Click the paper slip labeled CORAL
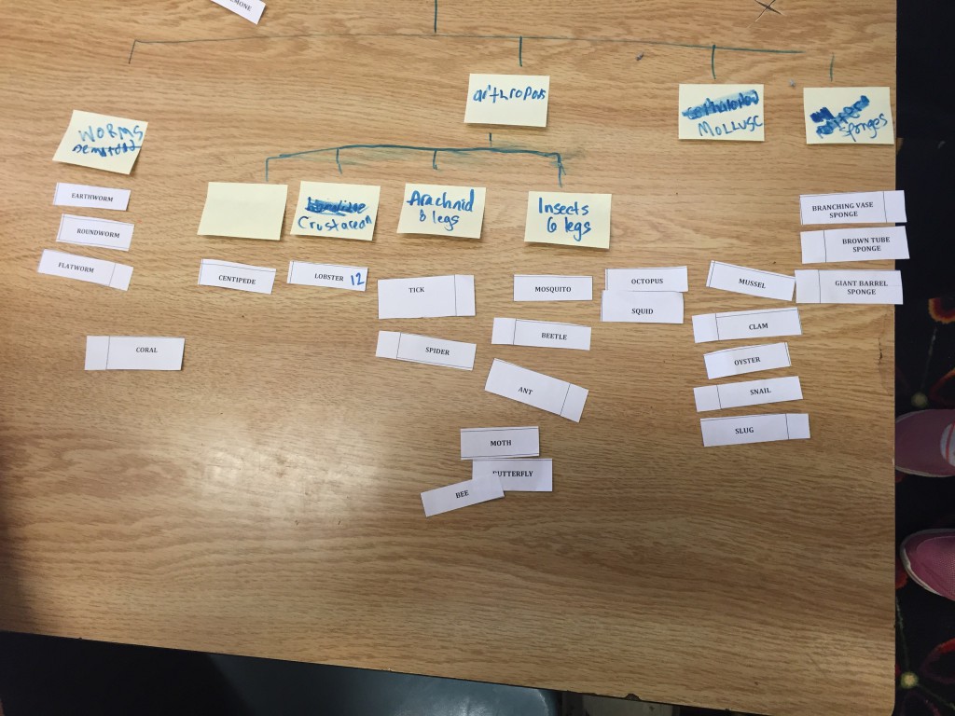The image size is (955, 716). pos(134,352)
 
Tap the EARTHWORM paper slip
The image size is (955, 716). pos(91,197)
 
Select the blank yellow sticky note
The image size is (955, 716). pos(242,210)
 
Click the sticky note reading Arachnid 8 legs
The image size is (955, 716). pos(441,211)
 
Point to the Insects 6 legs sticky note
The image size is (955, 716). pos(567,219)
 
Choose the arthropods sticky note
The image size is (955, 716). pos(506,101)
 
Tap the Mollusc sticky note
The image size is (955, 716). pos(721,112)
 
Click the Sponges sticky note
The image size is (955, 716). pos(849,116)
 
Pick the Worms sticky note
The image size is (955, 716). pos(100,141)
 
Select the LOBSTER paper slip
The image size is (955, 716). pos(327,276)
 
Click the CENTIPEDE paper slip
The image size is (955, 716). pos(237,277)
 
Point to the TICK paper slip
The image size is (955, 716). pos(425,296)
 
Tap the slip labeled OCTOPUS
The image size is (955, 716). pos(646,280)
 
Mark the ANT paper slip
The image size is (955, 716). pos(536,390)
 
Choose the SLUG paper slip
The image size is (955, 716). pos(754,430)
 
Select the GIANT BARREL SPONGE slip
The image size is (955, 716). pos(849,287)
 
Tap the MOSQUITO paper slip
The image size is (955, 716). pos(553,289)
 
